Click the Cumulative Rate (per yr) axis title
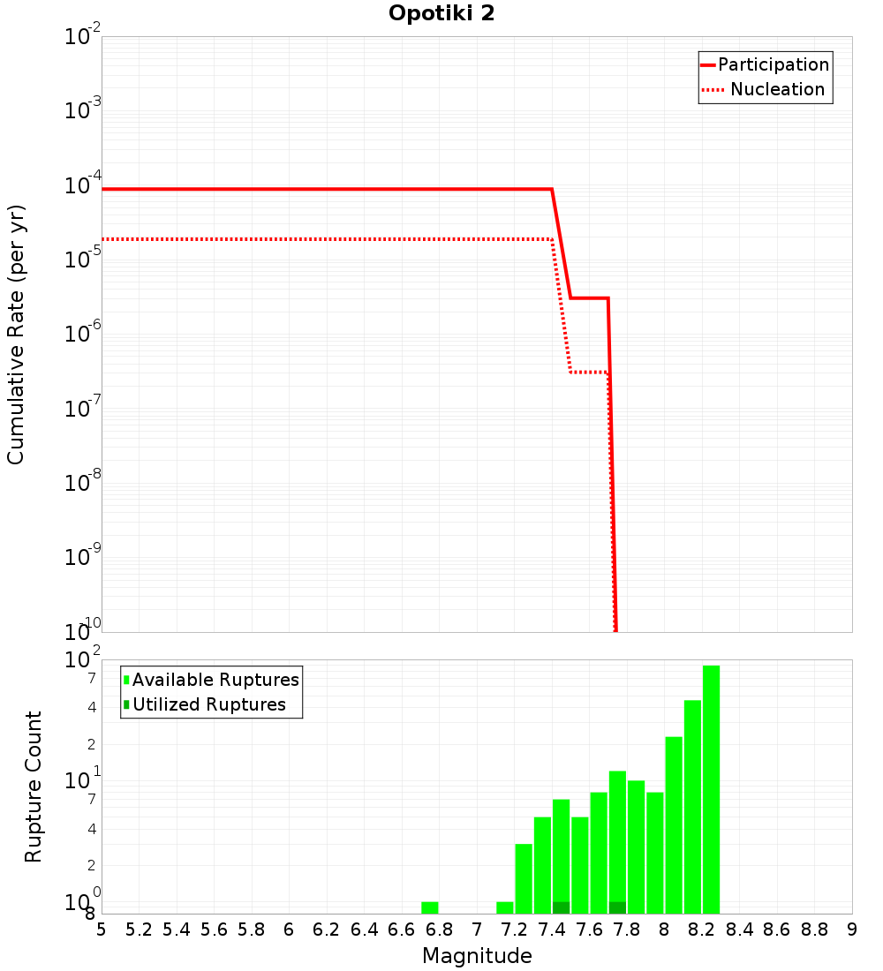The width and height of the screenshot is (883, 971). (x=16, y=335)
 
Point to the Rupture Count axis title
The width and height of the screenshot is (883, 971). (x=34, y=787)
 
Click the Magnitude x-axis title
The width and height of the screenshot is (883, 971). (x=477, y=956)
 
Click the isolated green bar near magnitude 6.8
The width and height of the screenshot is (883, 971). (x=430, y=907)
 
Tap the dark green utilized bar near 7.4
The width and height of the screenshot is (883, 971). (x=561, y=907)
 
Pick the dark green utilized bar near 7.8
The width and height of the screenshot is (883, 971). (x=617, y=907)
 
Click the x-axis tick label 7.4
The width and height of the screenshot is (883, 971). (x=552, y=930)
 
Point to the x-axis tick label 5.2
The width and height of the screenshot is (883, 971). (x=140, y=930)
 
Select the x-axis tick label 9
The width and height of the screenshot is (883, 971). (x=851, y=930)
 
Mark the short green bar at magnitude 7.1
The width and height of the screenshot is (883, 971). (x=505, y=907)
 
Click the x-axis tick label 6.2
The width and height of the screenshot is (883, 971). (x=327, y=930)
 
